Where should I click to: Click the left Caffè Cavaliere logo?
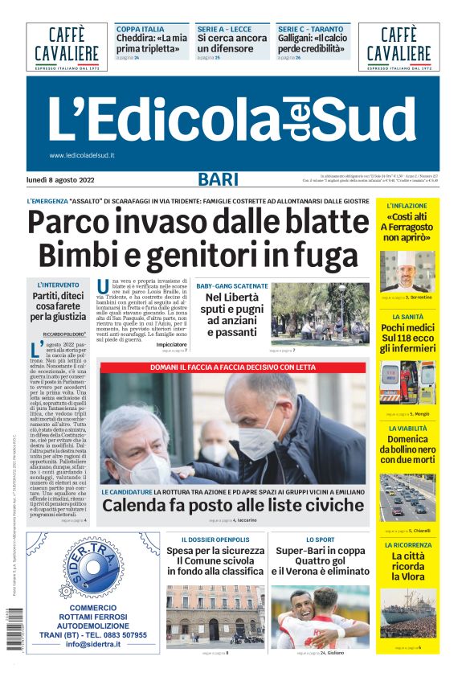pyautogui.click(x=67, y=47)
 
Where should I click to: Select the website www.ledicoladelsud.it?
pyautogui.click(x=81, y=155)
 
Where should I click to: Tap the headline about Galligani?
pyautogui.click(x=313, y=43)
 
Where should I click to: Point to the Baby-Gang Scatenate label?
pyautogui.click(x=232, y=286)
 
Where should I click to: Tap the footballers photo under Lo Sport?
pyautogui.click(x=320, y=618)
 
